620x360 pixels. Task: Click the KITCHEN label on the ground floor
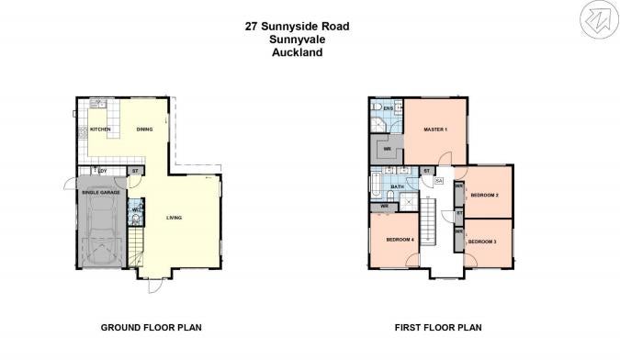click(101, 129)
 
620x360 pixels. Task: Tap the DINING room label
click(144, 129)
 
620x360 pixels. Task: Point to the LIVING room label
click(174, 218)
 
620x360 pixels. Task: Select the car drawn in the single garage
click(101, 231)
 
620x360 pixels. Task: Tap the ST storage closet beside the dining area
click(135, 171)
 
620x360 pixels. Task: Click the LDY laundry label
click(103, 171)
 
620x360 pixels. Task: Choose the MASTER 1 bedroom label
click(434, 129)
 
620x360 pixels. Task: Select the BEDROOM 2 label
click(484, 196)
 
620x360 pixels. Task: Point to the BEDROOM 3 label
click(482, 242)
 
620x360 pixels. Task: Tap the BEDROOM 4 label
click(400, 240)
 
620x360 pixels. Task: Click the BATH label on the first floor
click(397, 187)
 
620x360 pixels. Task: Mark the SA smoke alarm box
click(439, 180)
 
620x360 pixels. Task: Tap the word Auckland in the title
click(297, 52)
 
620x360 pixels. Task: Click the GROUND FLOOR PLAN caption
click(151, 327)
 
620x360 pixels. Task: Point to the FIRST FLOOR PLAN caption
click(438, 327)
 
